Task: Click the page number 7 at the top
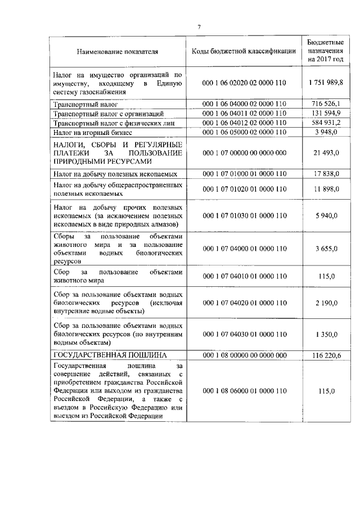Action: click(199, 26)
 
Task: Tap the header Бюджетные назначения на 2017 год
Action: click(326, 51)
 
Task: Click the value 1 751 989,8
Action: click(326, 83)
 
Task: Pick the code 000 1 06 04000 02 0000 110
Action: click(244, 103)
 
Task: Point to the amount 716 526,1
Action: click(326, 103)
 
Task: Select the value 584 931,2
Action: click(326, 123)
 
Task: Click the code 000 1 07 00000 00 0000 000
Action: click(244, 153)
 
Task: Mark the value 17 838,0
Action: click(326, 174)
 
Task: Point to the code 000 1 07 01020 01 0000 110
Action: click(244, 188)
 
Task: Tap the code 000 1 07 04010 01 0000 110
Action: click(244, 276)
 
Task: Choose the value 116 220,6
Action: click(326, 355)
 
